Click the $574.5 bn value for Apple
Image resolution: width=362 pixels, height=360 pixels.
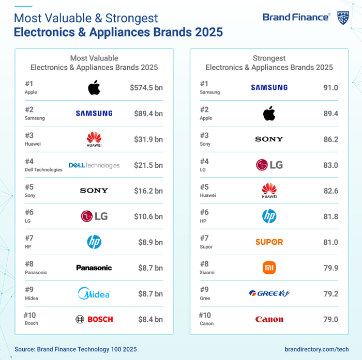pos(146,88)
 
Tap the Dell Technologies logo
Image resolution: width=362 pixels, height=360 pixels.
pos(94,165)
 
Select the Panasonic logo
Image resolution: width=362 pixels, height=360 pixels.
pos(94,268)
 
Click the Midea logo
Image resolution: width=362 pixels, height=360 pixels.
pos(94,293)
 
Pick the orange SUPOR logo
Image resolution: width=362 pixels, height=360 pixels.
pos(269,242)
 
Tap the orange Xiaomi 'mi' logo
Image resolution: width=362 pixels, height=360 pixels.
pos(269,268)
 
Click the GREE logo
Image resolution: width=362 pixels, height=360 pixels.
pos(269,293)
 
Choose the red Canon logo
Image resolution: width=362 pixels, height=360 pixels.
pos(269,319)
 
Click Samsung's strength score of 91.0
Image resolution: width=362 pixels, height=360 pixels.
pos(330,88)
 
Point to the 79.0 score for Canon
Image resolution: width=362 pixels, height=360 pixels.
pos(330,319)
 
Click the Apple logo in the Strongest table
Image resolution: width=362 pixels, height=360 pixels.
pos(269,114)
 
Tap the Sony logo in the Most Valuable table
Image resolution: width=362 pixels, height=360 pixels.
pos(94,191)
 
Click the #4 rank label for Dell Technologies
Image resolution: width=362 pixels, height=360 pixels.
pos(29,161)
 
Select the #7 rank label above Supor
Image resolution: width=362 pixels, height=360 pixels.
pos(204,238)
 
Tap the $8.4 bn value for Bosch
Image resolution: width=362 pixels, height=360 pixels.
pos(150,319)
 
